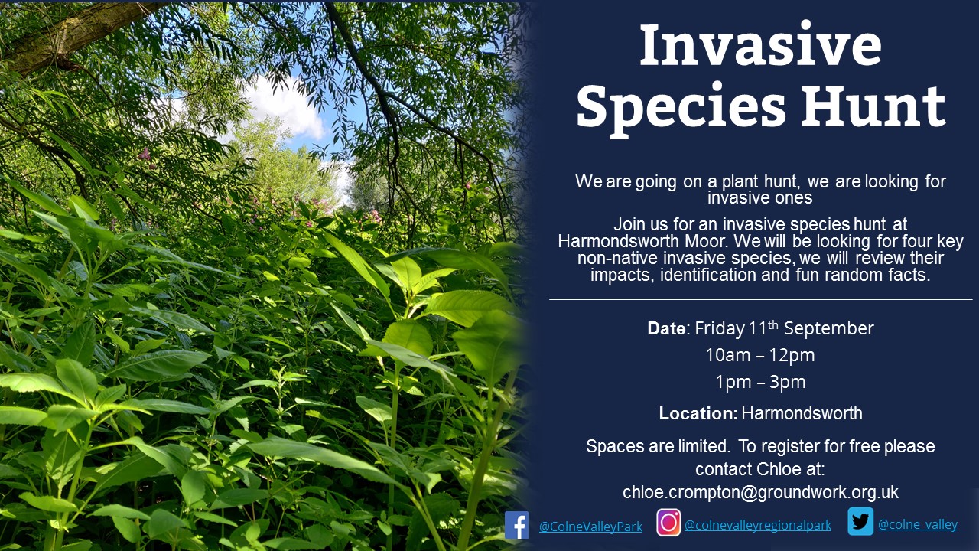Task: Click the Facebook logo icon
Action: coord(516,525)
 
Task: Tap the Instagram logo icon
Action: coord(668,523)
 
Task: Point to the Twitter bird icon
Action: coord(860,521)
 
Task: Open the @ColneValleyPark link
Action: coord(590,526)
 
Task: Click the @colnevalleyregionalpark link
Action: coord(758,525)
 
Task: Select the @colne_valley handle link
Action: coord(917,524)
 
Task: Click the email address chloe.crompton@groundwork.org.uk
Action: coord(760,492)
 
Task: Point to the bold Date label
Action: coord(666,328)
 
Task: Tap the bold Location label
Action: coord(698,413)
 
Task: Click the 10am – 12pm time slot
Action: coord(760,355)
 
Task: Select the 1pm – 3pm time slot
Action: coord(760,382)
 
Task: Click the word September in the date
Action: coord(828,329)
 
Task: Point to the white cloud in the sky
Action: coord(286,107)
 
